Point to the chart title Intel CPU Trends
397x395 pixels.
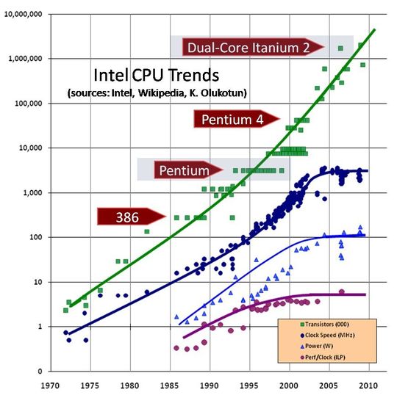click(157, 76)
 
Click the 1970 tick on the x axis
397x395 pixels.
click(50, 384)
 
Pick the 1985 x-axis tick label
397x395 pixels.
click(171, 384)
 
